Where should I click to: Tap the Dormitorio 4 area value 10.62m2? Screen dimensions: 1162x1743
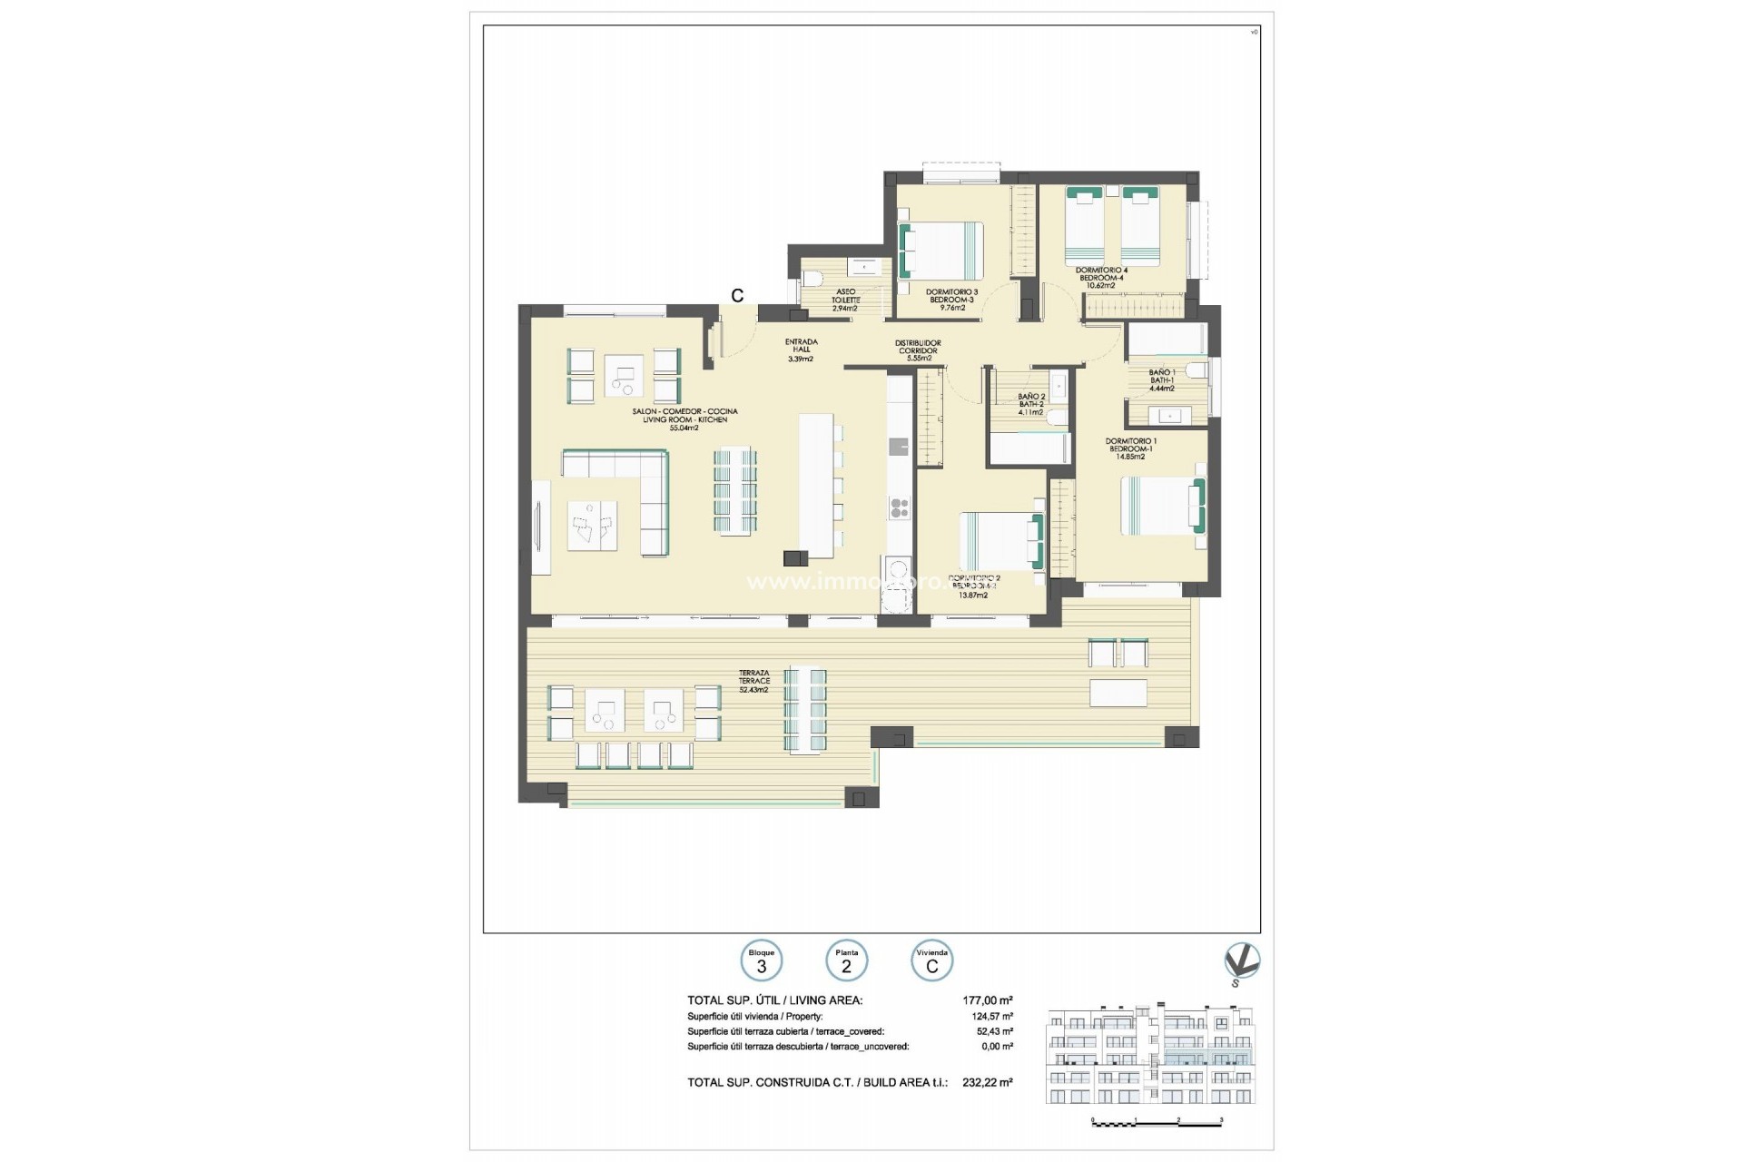[1100, 285]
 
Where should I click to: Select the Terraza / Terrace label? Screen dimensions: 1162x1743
[753, 677]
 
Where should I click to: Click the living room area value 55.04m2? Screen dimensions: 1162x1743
[684, 428]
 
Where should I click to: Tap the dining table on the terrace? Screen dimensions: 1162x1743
[806, 711]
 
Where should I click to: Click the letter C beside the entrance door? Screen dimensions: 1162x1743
[737, 296]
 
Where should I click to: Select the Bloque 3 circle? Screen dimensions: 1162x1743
[761, 961]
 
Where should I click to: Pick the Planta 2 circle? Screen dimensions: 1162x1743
[846, 961]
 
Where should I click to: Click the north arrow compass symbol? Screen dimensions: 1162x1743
[1241, 963]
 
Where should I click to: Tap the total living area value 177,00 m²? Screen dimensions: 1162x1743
[988, 1000]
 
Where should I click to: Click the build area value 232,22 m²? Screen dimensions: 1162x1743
[988, 1082]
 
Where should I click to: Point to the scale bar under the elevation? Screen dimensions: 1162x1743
[1157, 1123]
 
